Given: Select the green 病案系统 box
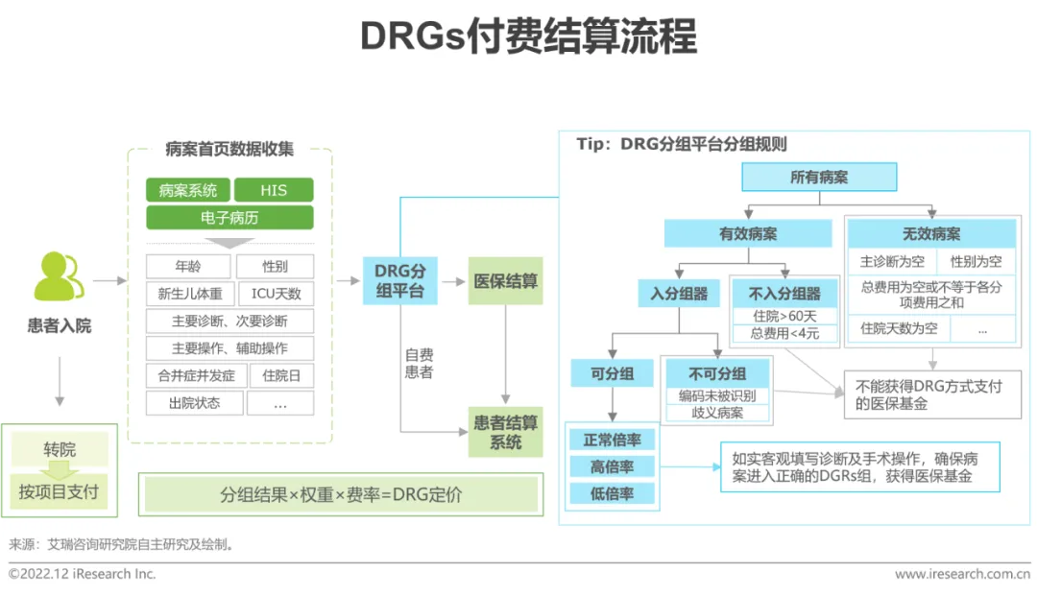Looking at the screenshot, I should pyautogui.click(x=187, y=189).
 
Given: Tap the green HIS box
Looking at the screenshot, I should pyautogui.click(x=274, y=189).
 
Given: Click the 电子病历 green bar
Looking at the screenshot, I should pyautogui.click(x=229, y=218).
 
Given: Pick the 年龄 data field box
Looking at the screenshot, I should pyautogui.click(x=187, y=267).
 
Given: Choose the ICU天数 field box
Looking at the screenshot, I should pyautogui.click(x=276, y=294).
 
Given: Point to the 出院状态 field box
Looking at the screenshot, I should pyautogui.click(x=193, y=403).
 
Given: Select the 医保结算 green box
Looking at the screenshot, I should pyautogui.click(x=505, y=281).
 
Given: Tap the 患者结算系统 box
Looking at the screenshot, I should pyautogui.click(x=505, y=433).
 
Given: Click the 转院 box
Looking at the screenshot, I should pyautogui.click(x=60, y=449).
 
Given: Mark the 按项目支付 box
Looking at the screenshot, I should pyautogui.click(x=60, y=491).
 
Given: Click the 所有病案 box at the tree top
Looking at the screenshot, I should pyautogui.click(x=819, y=178).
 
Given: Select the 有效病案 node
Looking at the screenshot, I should pyautogui.click(x=748, y=234).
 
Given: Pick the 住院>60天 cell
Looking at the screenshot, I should pyautogui.click(x=784, y=315).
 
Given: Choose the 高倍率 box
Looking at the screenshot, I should pyautogui.click(x=612, y=466).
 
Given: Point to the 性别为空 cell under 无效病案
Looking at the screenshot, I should pyautogui.click(x=976, y=261).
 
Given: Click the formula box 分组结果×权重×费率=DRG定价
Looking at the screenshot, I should pyautogui.click(x=340, y=495).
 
